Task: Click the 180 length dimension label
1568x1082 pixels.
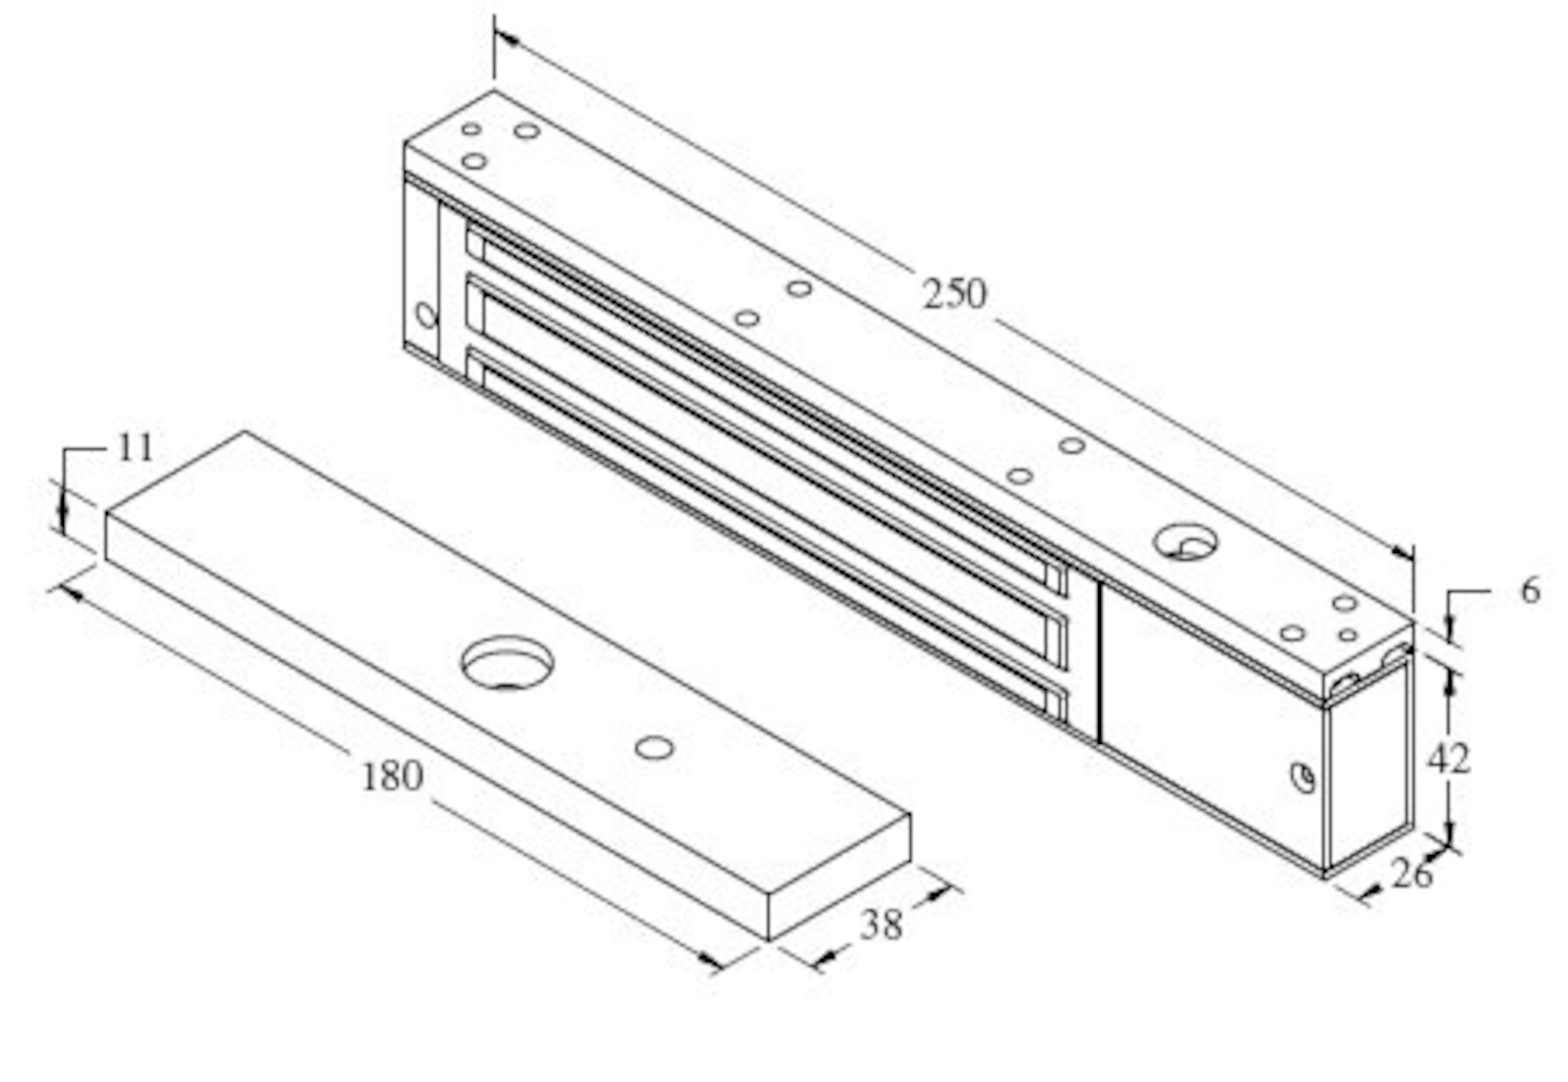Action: [393, 776]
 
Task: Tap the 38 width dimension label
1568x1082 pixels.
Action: [881, 925]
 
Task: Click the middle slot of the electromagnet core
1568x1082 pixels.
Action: [766, 468]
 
